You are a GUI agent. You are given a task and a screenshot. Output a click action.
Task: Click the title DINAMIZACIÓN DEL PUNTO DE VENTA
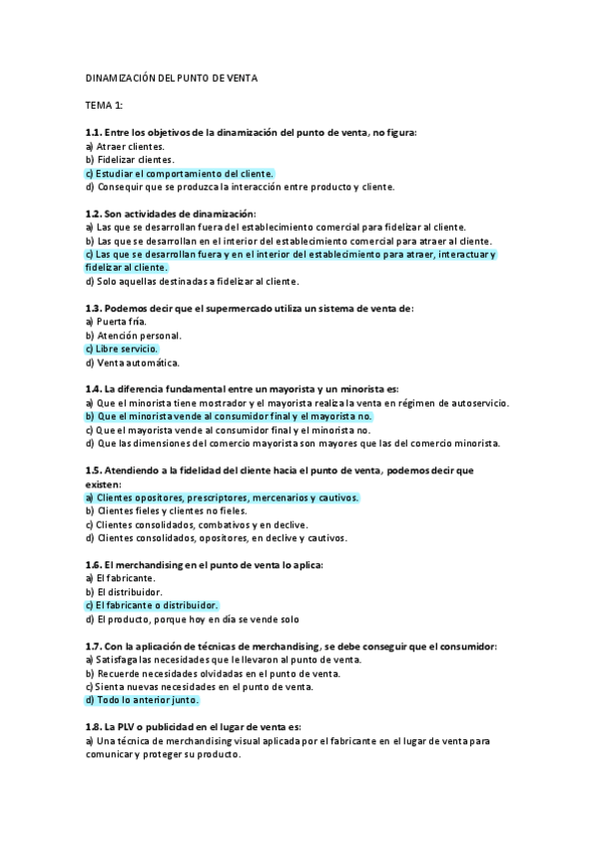point(171,78)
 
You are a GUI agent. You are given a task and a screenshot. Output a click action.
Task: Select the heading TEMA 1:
point(104,104)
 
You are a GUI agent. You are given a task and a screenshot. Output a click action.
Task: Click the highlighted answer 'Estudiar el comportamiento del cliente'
point(180,172)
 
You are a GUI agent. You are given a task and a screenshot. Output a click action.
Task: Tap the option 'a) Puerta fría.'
point(116,322)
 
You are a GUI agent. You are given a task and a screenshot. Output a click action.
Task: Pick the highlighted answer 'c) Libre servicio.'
point(123,349)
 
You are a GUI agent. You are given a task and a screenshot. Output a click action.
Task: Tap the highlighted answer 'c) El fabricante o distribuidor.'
point(152,605)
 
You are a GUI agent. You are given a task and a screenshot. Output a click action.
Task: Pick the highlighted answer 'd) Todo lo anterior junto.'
point(143,700)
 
